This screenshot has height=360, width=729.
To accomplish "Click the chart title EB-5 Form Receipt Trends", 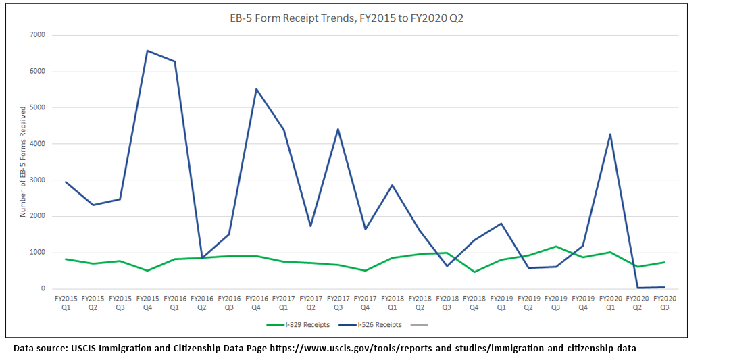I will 347,18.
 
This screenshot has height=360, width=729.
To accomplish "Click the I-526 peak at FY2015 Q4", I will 147,51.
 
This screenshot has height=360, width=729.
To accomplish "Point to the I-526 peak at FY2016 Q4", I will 256,89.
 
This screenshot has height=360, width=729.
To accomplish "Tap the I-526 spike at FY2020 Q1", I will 610,134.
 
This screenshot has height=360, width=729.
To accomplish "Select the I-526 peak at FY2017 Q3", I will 338,129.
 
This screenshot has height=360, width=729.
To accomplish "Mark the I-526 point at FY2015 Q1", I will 66,182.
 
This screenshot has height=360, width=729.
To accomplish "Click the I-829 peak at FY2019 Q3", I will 555,247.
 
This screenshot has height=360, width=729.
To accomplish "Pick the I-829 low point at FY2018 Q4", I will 474,272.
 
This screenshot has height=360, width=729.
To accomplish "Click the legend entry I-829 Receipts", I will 298,325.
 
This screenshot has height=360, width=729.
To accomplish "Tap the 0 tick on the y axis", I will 43,289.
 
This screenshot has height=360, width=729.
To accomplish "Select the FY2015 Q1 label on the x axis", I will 66,301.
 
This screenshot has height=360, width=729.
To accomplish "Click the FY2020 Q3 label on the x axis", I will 665,301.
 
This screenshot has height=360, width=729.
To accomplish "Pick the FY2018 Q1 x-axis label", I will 392,301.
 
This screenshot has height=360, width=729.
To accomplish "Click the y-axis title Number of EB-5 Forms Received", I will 23,161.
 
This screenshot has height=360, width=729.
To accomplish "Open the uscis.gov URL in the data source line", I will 453,349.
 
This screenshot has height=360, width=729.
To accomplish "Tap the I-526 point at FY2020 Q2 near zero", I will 637,288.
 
